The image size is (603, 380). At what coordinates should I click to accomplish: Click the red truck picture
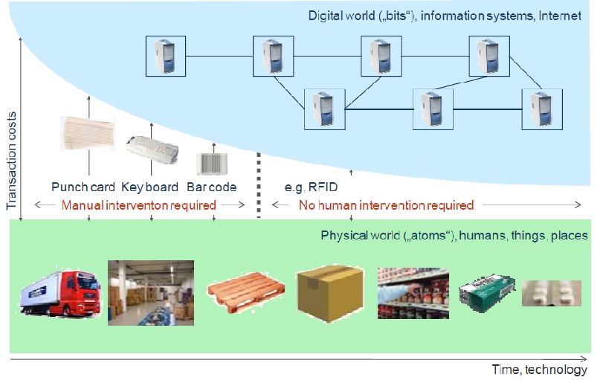[60, 293]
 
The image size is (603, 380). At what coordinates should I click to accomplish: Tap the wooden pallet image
[246, 292]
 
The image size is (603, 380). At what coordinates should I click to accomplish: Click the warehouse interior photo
[151, 293]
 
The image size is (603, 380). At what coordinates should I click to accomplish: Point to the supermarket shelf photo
[413, 293]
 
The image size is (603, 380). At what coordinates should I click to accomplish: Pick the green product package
[487, 292]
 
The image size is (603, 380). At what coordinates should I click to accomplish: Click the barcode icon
[212, 164]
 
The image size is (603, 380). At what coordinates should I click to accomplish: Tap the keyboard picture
[152, 149]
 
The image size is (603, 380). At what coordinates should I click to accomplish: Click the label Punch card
[83, 187]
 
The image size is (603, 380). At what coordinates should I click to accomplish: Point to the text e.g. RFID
[311, 187]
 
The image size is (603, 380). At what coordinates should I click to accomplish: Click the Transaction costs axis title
[12, 161]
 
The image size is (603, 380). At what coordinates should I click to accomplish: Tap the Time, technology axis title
[540, 370]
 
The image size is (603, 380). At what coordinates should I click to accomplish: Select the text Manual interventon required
[139, 205]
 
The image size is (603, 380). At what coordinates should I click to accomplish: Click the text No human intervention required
[386, 205]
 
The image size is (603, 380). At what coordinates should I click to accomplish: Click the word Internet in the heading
[560, 16]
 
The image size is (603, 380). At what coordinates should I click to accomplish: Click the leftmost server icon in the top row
[166, 57]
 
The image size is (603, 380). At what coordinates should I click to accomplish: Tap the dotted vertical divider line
[259, 186]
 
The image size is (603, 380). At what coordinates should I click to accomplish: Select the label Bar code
[211, 187]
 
